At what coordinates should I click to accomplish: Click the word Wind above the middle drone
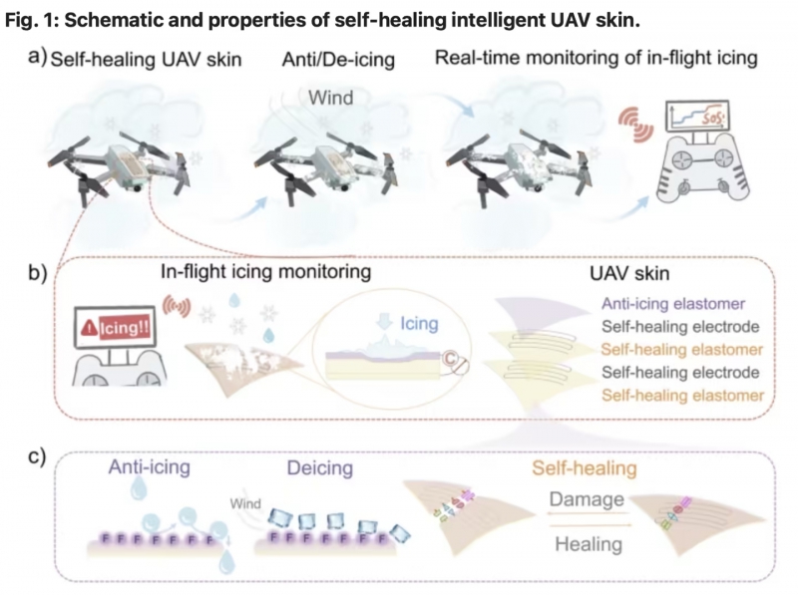[331, 98]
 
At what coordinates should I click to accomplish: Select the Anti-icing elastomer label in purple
[673, 304]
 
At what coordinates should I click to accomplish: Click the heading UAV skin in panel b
[629, 274]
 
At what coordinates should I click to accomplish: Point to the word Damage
[587, 499]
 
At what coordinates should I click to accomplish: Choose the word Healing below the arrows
[589, 544]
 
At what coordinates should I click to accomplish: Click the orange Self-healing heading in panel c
[585, 467]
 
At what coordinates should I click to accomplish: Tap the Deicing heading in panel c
[320, 467]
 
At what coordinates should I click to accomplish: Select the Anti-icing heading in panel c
[149, 466]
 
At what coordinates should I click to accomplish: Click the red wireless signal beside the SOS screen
[636, 125]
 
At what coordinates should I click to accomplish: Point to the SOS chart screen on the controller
[697, 117]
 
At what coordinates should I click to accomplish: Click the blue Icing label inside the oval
[419, 324]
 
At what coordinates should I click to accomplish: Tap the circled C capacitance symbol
[450, 359]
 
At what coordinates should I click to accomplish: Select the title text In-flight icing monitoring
[265, 271]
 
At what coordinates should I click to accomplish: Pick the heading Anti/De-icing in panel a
[338, 60]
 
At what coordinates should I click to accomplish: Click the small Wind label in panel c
[245, 504]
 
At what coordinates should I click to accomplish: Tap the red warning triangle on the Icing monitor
[90, 329]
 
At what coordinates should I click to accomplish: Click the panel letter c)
[37, 455]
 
